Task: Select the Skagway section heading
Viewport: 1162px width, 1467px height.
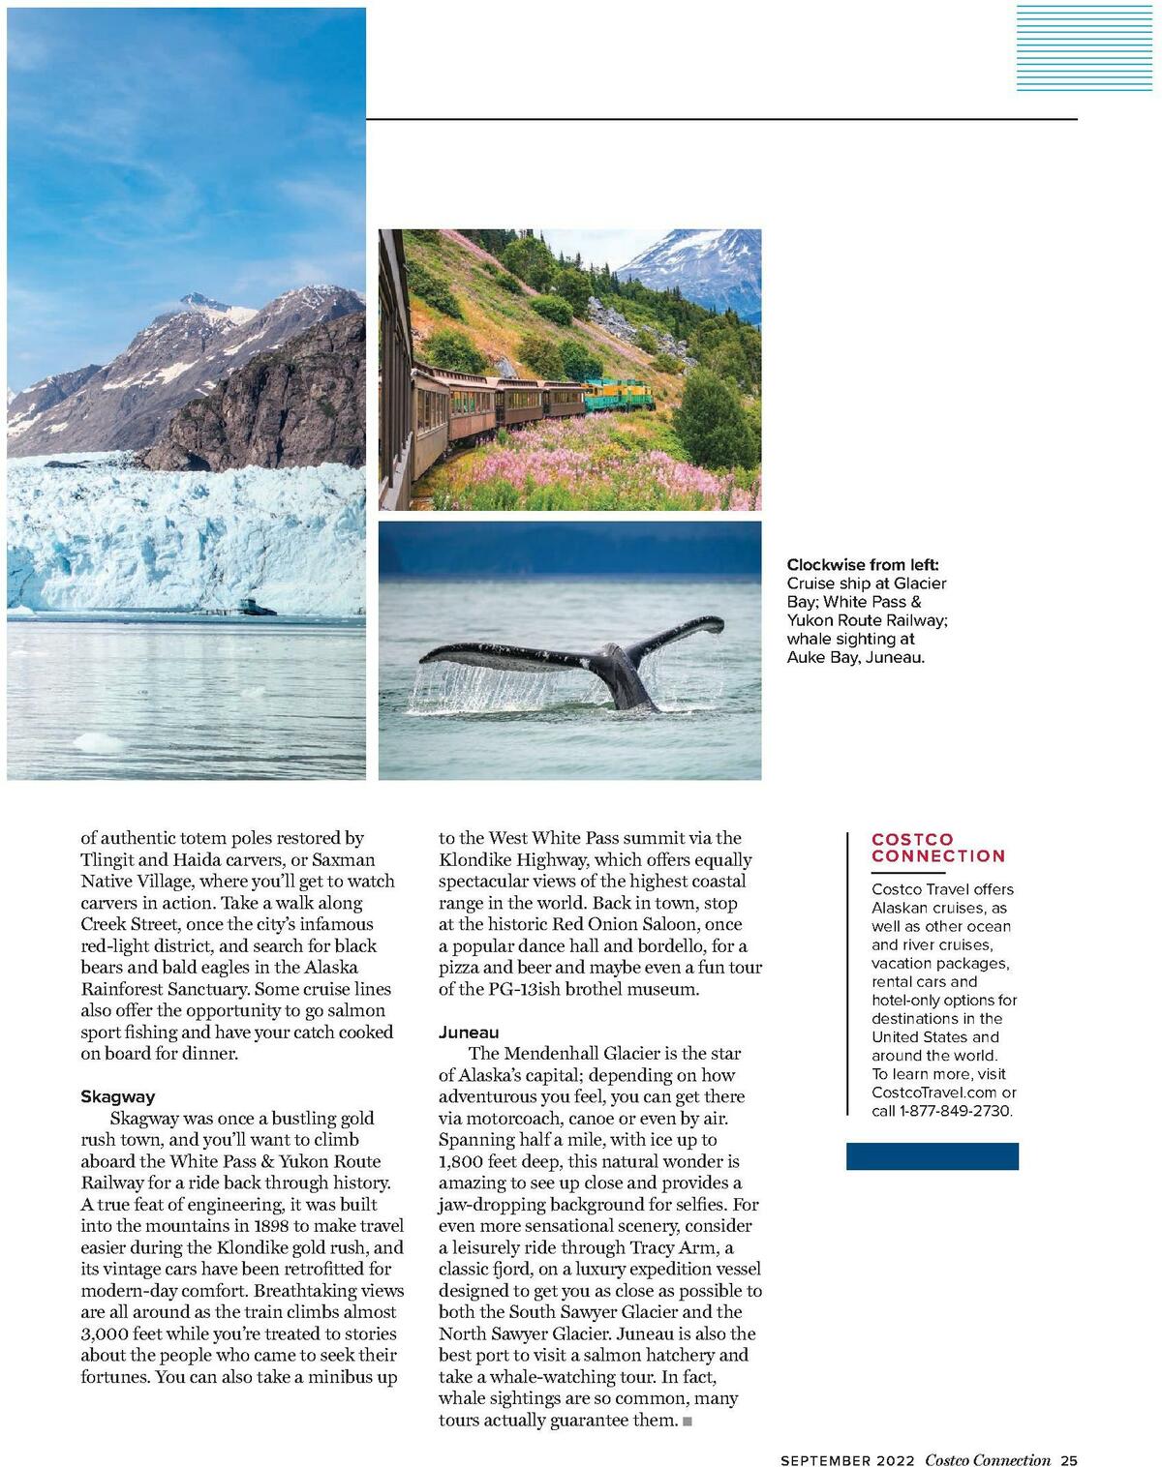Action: point(117,1096)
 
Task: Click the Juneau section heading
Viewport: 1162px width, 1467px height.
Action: point(469,1033)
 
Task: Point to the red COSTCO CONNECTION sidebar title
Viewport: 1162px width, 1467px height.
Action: point(937,848)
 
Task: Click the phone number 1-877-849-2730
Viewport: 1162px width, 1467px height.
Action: point(956,1111)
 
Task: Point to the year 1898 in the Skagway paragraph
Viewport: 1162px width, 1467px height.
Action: point(241,1226)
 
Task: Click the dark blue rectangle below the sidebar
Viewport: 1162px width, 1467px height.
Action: point(932,1156)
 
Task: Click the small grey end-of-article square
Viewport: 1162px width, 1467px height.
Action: point(687,1422)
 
